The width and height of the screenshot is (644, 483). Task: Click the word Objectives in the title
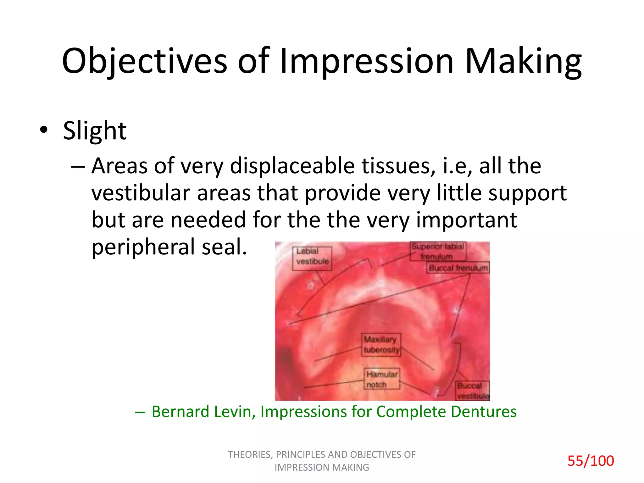pyautogui.click(x=144, y=61)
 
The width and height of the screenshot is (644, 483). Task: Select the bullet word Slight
pyautogui.click(x=95, y=130)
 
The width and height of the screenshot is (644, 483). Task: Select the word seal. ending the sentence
pyautogui.click(x=224, y=247)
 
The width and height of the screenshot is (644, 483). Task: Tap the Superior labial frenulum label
pyautogui.click(x=437, y=251)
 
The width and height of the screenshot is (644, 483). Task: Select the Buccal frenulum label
pyautogui.click(x=458, y=268)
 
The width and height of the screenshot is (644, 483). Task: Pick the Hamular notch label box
pyautogui.click(x=382, y=379)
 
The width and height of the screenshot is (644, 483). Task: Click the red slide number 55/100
pyautogui.click(x=590, y=461)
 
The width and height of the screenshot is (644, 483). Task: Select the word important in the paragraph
pyautogui.click(x=466, y=220)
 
